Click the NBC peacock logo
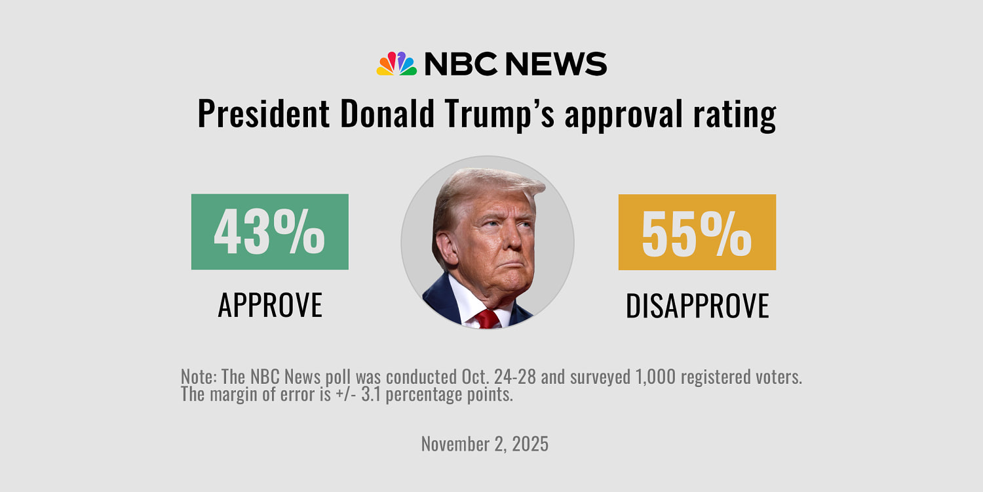click(396, 64)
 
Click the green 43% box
click(269, 232)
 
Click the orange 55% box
click(697, 232)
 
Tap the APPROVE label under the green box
click(270, 305)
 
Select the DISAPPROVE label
click(697, 306)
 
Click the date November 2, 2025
click(484, 444)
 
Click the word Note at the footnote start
click(197, 378)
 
